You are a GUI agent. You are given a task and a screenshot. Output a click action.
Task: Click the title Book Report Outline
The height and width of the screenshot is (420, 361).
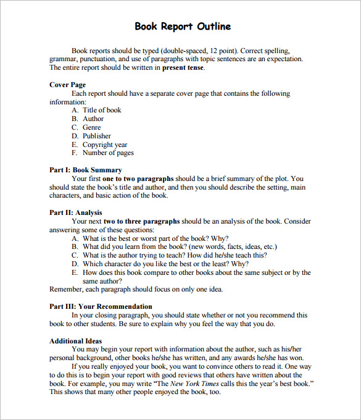[x=183, y=27]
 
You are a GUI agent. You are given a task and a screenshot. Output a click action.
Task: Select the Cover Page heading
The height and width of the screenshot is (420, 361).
[x=67, y=85]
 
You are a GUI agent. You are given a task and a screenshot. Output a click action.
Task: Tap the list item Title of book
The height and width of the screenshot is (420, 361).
[x=102, y=110]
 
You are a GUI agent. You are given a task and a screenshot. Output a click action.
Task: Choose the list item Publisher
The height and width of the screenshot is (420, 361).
[x=97, y=136]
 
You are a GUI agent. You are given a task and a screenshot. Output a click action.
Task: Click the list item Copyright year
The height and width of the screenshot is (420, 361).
[x=105, y=145]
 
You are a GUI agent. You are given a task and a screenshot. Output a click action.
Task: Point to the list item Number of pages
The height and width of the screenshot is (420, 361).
[x=108, y=153]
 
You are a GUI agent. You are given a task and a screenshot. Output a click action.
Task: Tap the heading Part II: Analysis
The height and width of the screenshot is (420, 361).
[x=76, y=212]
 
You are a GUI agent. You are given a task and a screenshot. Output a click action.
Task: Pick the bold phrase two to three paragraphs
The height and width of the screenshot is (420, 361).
[x=142, y=221]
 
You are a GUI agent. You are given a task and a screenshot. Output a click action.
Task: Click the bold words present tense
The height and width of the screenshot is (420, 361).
[x=183, y=67]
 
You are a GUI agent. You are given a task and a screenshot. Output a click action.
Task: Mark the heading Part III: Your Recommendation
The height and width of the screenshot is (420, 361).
[x=101, y=306]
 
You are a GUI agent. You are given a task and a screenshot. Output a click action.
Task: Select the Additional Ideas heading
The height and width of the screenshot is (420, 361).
[x=76, y=341]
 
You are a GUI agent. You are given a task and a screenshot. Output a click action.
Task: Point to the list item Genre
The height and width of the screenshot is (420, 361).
[x=92, y=127]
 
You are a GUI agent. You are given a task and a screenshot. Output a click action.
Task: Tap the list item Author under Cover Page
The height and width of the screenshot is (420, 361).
[x=93, y=119]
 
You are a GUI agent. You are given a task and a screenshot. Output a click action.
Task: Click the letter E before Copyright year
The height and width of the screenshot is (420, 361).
[x=74, y=145]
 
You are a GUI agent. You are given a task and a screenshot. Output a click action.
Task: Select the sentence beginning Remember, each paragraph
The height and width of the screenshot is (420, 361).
[x=136, y=289]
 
